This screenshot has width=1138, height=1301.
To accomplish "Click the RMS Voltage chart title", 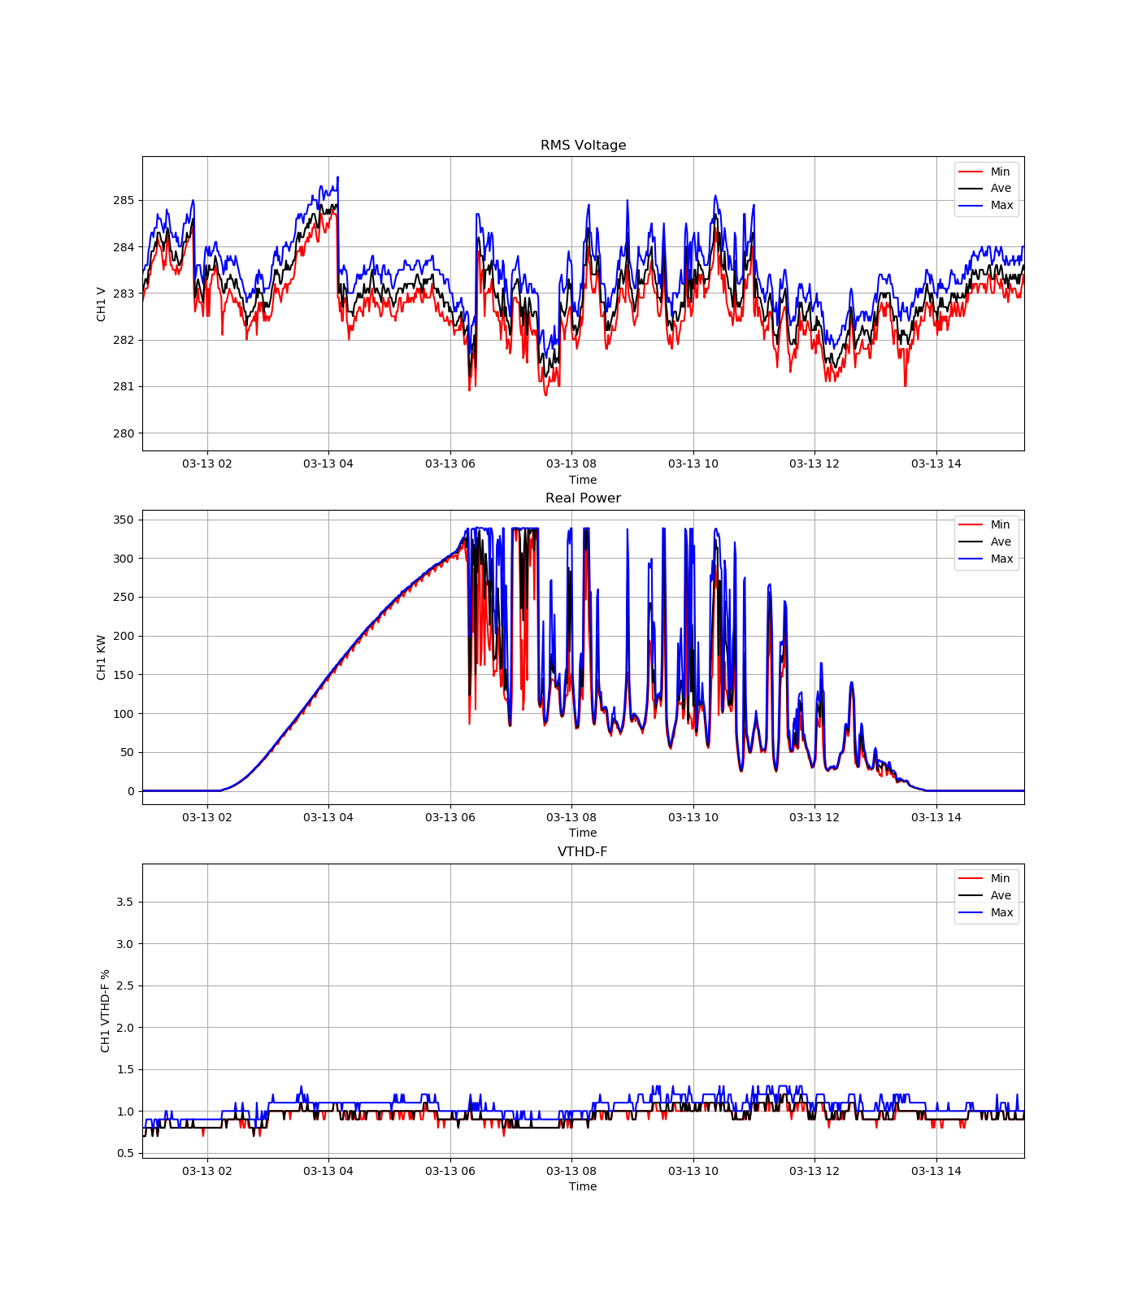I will pos(583,146).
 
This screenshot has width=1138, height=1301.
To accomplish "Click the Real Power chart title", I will pos(583,498).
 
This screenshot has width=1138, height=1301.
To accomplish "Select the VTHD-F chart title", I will pos(582,852).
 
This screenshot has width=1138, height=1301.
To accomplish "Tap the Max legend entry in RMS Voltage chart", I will pos(1001,205).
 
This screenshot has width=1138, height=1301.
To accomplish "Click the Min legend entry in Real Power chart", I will pos(1000,524).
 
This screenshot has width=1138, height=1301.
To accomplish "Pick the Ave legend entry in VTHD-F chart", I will pos(1001,895).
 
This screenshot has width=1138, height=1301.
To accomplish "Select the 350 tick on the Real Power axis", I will pos(124,520).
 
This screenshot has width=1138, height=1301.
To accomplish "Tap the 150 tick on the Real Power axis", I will pos(124,675).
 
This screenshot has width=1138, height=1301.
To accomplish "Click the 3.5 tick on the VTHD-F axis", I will pos(124,902).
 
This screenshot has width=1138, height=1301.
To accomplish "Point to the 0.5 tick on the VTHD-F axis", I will pos(124,1153).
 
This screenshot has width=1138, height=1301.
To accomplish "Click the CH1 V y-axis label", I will pos(102,304).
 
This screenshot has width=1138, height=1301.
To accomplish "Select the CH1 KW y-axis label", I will pos(102,657).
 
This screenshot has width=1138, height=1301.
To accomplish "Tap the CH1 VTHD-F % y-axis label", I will pos(105,1011).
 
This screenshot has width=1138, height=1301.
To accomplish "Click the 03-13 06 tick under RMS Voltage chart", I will pos(450,464).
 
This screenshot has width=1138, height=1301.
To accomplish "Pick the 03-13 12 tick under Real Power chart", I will pos(814,817).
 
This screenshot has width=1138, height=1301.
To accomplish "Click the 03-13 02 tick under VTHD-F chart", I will pos(207,1171).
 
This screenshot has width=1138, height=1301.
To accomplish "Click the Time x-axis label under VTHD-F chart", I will pos(583,1186).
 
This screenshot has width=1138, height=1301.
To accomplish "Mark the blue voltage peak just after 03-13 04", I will pos(337,177).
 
